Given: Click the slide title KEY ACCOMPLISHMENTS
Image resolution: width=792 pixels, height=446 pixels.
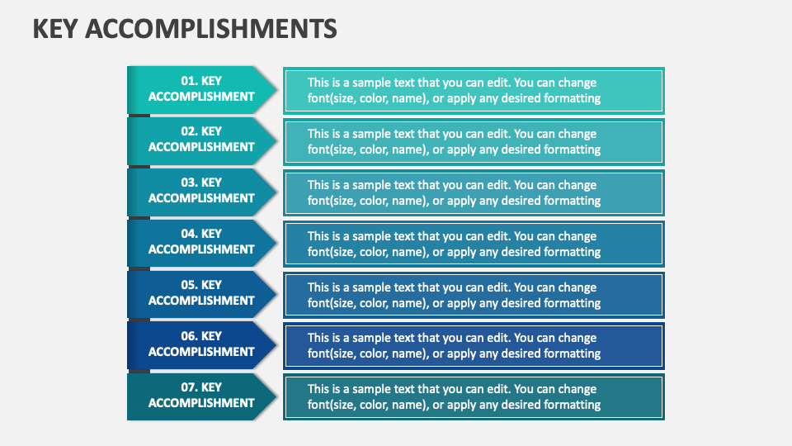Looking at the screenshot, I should coord(185,29).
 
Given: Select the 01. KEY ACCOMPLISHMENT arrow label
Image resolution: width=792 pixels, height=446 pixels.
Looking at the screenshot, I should coord(201,89).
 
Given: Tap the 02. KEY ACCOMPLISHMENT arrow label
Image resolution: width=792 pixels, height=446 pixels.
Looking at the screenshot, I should coord(201,140).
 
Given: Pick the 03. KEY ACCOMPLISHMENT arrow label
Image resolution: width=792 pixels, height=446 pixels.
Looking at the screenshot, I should coord(201,191).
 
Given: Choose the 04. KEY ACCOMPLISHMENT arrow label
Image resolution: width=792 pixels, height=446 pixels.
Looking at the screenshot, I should coord(201,242).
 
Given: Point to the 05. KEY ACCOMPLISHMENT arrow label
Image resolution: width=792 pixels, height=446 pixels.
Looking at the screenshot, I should coord(201,293).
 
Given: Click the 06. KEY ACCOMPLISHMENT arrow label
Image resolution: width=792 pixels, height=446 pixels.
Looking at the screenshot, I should coord(201,344).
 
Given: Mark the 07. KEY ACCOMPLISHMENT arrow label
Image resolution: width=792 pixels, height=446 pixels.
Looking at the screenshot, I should coord(201,396).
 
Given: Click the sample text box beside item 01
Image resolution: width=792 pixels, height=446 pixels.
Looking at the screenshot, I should coord(474,91).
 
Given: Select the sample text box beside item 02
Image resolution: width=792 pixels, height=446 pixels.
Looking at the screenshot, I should coord(474,142).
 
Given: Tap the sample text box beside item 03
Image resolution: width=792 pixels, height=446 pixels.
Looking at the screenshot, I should coord(474,193).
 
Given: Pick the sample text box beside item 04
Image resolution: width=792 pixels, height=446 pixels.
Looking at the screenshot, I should coord(474,244).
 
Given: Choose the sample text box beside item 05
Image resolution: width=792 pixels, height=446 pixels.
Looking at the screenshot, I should coord(474,296).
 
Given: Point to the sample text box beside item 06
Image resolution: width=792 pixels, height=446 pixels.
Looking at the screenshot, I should coord(474,346).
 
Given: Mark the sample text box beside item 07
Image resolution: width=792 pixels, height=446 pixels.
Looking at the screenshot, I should coord(474,397).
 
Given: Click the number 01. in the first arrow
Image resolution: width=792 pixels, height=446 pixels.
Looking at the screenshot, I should coord(189,81).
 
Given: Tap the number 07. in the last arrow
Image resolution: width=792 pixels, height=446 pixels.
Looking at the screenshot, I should coord(189,387).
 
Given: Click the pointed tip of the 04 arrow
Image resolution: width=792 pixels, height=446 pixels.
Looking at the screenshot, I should coord(275,243).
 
